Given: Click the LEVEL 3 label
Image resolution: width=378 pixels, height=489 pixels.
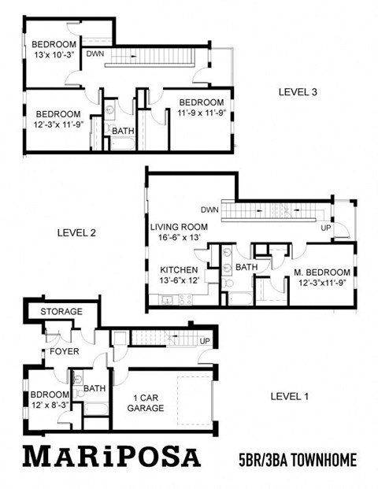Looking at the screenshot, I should click(298, 92).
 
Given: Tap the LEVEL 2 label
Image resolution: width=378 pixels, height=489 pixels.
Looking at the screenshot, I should click(77, 232).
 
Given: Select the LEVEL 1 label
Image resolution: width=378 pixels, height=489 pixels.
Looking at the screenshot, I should click(289, 395).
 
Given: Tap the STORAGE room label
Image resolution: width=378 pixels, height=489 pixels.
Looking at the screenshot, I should click(61, 312).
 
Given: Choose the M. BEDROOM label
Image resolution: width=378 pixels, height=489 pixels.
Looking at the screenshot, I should click(321, 272).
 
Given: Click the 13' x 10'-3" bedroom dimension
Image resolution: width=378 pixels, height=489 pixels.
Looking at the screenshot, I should click(54, 55).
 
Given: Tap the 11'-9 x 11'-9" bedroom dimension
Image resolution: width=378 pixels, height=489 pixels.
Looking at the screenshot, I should click(201, 113).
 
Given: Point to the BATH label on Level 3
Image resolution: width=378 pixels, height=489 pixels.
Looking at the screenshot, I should click(122, 131).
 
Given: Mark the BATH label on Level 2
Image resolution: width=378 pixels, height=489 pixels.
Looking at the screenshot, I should click(246, 268).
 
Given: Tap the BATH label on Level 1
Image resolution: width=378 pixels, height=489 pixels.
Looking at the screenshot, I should click(94, 389).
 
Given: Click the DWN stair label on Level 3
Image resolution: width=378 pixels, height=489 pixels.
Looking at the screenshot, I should click(94, 54).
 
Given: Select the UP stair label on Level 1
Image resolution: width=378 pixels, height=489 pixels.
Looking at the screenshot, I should click(205, 341).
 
